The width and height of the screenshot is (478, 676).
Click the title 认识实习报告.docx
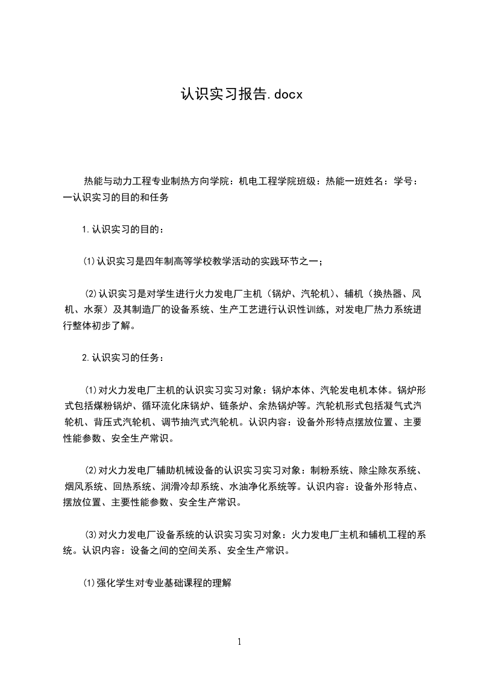point(241,95)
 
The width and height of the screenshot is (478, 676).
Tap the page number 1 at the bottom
point(239,642)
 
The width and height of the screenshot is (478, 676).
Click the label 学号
point(402,180)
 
